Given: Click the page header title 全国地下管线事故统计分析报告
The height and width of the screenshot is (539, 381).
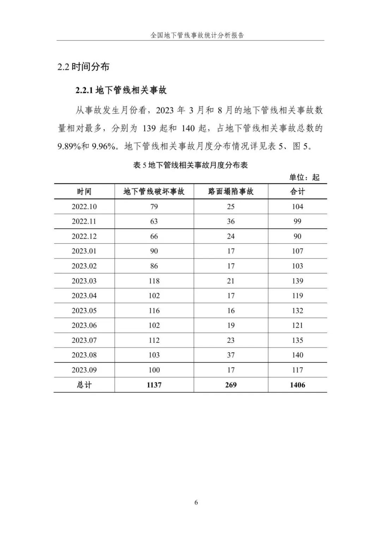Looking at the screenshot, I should pos(197,35).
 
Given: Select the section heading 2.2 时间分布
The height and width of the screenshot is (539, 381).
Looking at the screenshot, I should pos(83,66).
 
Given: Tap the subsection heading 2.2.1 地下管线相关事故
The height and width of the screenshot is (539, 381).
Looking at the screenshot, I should pos(121,90).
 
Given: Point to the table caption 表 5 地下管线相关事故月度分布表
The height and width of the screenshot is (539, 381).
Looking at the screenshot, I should pos(190,165).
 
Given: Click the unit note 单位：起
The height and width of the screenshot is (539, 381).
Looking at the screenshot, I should pos(304,177).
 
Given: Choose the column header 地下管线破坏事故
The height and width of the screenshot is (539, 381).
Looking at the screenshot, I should pos(154,192).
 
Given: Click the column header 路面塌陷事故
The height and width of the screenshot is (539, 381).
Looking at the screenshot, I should pos(231,192).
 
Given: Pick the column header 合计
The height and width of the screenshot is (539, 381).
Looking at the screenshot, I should pos(297,192).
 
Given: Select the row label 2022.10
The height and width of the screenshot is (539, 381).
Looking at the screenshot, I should pos(84,206).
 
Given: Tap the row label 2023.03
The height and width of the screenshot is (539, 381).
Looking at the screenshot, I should pos(84,281).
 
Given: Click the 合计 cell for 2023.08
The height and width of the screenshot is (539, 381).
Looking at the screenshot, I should pos(297,355).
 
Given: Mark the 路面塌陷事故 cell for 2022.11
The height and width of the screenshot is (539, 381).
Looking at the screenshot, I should pos(231,221).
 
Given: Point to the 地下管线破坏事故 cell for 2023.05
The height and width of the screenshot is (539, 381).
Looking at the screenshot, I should pos(154,311).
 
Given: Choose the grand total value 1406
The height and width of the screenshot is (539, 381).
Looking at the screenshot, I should pos(297,385).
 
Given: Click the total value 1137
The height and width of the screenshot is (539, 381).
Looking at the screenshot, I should pos(154,385).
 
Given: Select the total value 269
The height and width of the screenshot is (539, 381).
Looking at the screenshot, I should pos(231,385).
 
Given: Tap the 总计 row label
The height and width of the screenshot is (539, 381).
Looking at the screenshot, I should pos(84,385).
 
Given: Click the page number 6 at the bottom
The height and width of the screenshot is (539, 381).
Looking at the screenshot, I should pos(196,502).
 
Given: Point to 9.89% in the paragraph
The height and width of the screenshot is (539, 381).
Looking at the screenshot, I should pos(69,146).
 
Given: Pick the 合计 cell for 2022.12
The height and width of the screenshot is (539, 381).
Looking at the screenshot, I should pos(297,236).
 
